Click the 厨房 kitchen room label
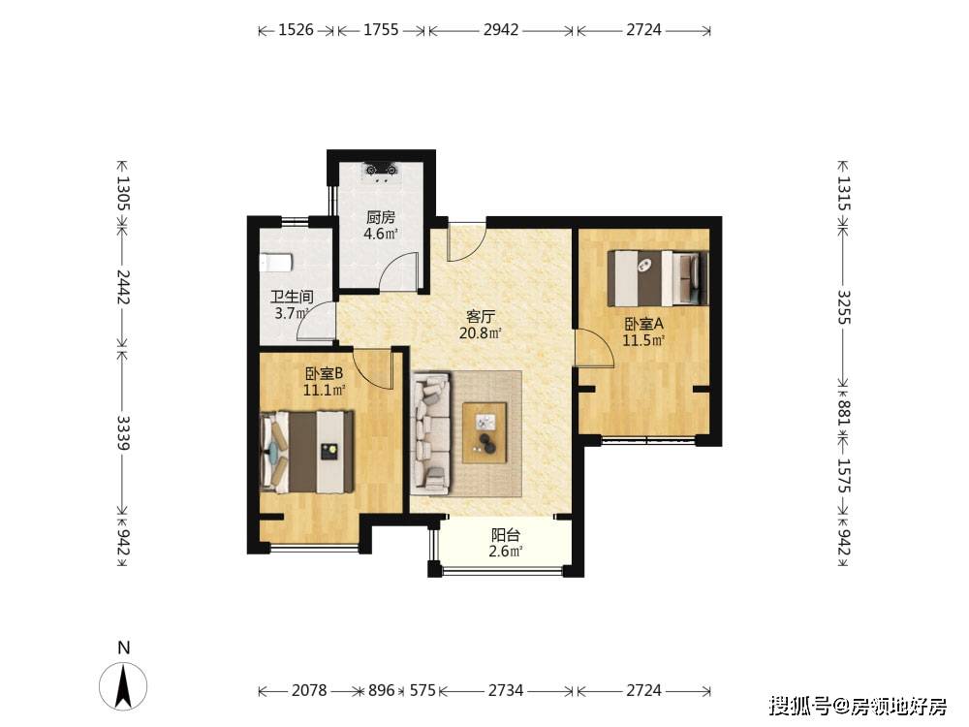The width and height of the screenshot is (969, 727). coord(381,217)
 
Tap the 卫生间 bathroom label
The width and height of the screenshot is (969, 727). coord(292,297)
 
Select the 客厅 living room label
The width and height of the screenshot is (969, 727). coord(481,317)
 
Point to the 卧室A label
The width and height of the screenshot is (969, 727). coord(643,324)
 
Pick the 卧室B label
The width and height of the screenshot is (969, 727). coord(324,373)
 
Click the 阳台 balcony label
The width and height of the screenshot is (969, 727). coord(506,535)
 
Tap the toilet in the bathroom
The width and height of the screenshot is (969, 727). coord(275,263)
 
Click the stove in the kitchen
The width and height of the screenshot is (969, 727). coord(381,170)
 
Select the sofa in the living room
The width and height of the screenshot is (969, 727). coord(431,432)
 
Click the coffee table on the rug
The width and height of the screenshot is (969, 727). coord(484,432)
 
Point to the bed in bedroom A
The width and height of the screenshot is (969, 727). coord(658,277)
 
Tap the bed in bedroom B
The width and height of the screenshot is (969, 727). coord(307,452)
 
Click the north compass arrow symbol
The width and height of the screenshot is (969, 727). coord(124,685)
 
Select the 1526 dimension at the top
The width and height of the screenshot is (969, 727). coord(296,30)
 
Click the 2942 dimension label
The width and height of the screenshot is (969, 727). coord(501,30)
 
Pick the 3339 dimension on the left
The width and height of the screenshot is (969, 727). coord(123,432)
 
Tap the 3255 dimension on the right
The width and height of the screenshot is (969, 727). coord(844,307)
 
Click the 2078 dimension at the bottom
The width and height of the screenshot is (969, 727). coord(309,690)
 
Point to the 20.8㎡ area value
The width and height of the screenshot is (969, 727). coord(481,333)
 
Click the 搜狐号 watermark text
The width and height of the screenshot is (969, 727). coord(800,706)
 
